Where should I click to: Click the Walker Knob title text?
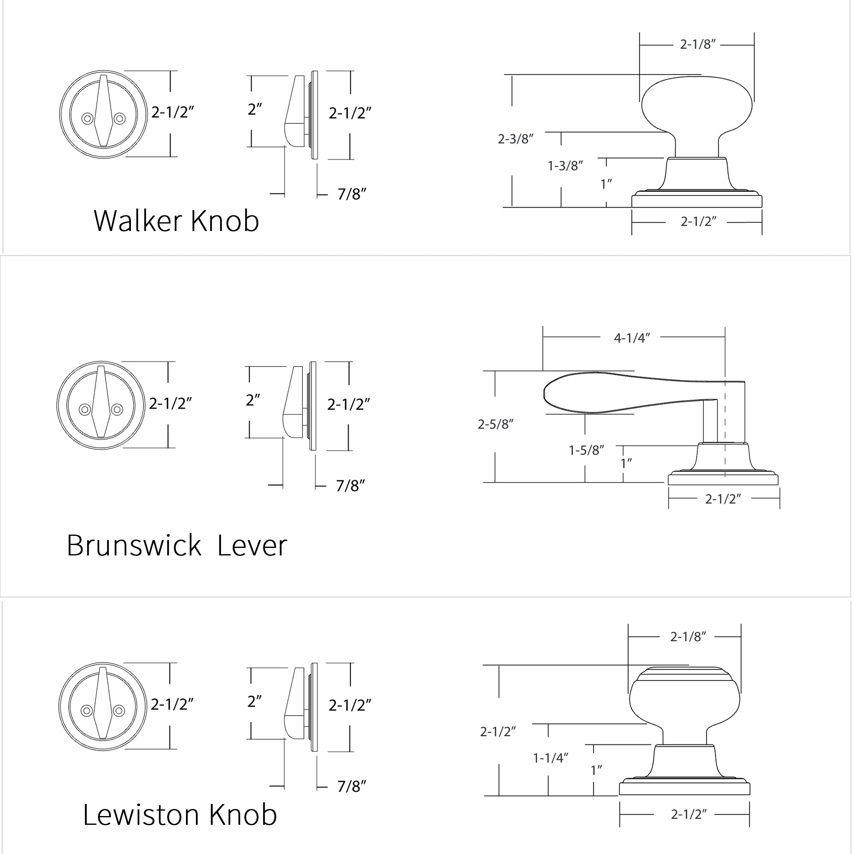(x=176, y=221)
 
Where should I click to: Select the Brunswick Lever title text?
(x=176, y=545)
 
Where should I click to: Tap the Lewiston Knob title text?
(x=179, y=814)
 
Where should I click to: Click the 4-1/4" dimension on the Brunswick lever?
(x=632, y=338)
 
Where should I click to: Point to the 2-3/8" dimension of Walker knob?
(x=515, y=139)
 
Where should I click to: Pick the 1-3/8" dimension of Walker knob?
(x=565, y=166)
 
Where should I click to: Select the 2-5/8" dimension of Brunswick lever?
(x=495, y=424)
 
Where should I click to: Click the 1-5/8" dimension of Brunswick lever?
(x=586, y=450)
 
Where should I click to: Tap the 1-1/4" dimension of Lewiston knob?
(x=550, y=758)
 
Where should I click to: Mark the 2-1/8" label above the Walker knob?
(x=697, y=44)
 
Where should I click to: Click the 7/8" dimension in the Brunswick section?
(x=350, y=485)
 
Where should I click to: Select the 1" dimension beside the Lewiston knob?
(x=596, y=770)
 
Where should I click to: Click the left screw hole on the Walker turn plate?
(x=87, y=118)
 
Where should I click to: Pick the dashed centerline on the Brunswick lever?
(x=724, y=424)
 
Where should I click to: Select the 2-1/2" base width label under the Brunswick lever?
(x=723, y=499)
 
